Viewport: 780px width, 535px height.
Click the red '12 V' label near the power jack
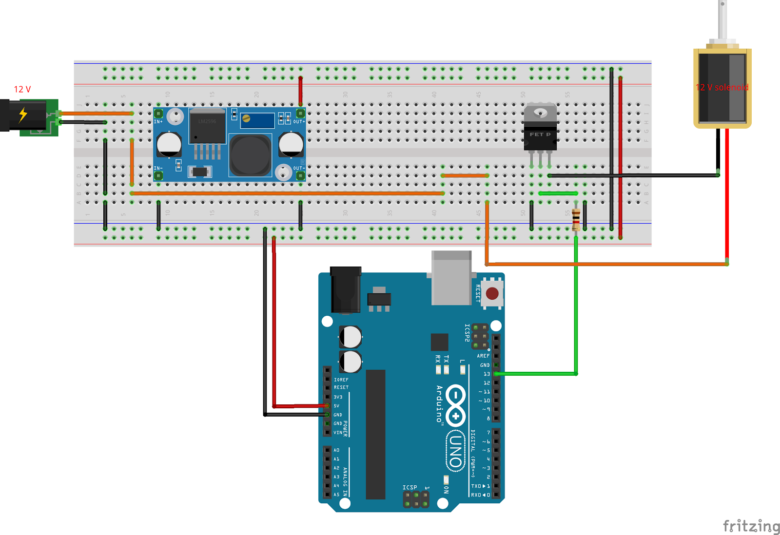click(x=22, y=89)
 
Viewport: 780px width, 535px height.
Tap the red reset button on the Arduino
click(x=492, y=293)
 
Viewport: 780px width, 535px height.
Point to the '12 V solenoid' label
click(x=722, y=87)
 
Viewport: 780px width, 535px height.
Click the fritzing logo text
click(x=751, y=526)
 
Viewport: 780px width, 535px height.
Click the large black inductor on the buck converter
click(x=250, y=155)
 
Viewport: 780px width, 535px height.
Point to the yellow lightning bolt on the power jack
click(x=23, y=114)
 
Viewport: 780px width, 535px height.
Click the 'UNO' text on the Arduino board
click(x=455, y=451)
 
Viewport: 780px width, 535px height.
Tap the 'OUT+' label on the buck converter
click(x=299, y=121)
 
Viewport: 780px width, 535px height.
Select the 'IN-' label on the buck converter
click(x=158, y=168)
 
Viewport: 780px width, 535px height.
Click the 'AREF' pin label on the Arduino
click(x=483, y=356)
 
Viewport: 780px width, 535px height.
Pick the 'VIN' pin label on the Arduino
click(x=338, y=432)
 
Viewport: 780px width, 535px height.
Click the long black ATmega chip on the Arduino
click(x=375, y=434)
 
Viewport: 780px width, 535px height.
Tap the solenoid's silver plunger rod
click(x=722, y=19)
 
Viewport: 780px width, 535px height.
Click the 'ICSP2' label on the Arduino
click(x=467, y=333)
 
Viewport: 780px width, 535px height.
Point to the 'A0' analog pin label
click(x=336, y=450)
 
